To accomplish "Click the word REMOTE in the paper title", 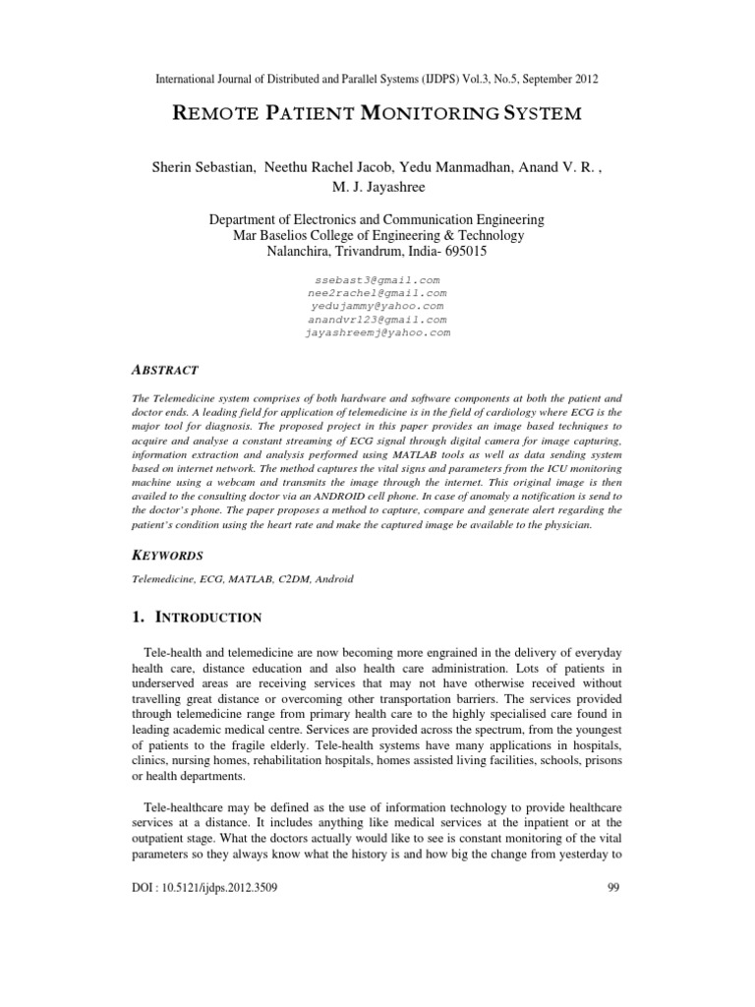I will point(217,113).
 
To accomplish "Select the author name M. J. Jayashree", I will point(377,187).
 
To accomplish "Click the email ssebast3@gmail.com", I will point(377,280).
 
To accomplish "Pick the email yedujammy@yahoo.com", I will point(377,307).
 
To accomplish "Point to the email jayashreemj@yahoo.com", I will point(377,333).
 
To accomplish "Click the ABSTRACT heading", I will point(165,370).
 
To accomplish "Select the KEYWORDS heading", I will point(168,555).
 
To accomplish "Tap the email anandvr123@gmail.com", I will point(377,320).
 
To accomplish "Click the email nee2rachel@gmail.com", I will point(377,293).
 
